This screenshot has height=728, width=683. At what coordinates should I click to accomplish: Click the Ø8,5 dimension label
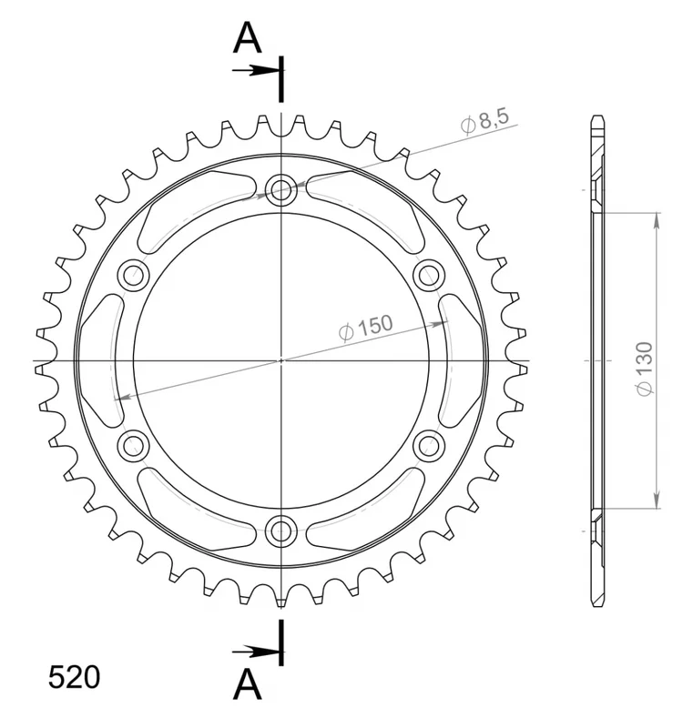click(x=485, y=121)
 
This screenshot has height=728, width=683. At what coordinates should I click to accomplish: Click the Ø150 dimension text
click(x=366, y=328)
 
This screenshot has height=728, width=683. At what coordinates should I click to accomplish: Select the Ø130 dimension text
click(x=645, y=369)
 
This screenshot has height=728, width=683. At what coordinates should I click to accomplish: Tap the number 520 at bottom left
click(x=75, y=677)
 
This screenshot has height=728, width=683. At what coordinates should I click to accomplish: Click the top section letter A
click(x=248, y=38)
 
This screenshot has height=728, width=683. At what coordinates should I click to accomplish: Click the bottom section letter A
click(x=248, y=684)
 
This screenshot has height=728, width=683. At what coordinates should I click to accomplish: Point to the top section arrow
click(x=258, y=71)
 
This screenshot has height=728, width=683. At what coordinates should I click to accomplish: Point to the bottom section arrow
click(x=258, y=652)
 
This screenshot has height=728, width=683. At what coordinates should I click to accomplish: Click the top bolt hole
click(x=281, y=189)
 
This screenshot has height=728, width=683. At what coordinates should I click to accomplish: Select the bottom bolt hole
click(x=281, y=531)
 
